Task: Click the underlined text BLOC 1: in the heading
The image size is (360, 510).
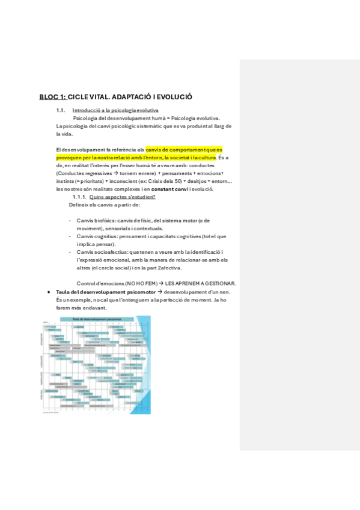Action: (x=52, y=96)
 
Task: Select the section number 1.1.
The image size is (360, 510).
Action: (x=60, y=111)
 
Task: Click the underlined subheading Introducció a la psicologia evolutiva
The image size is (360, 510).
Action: (x=115, y=111)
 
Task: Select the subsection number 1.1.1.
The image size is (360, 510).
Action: (x=79, y=197)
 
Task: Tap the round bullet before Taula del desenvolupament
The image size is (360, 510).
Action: (x=47, y=292)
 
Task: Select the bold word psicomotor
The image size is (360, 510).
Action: (x=132, y=292)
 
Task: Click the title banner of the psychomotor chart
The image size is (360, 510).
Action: (x=95, y=319)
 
